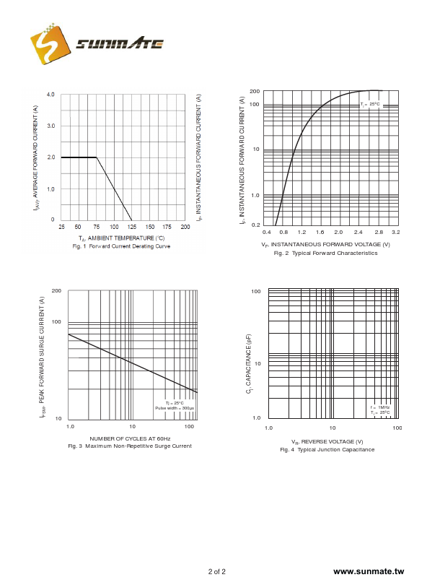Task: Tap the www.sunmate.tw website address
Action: tap(369, 571)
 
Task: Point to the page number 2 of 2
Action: tap(217, 572)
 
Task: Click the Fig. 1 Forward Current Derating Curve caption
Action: tap(121, 246)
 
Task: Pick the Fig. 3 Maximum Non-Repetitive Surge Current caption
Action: tap(130, 446)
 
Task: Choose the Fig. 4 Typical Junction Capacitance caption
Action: tap(327, 450)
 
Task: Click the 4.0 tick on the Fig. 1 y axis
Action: tap(51, 95)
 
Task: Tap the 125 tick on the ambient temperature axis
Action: tap(132, 227)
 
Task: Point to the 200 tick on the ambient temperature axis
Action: tap(185, 227)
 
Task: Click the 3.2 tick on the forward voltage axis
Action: tap(395, 233)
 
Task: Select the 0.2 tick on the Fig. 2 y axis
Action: tap(255, 225)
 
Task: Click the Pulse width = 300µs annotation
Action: tap(175, 408)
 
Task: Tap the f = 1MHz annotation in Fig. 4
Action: tap(380, 407)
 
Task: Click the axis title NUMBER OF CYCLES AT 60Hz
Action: tap(130, 438)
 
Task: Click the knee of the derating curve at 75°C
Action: tap(97, 157)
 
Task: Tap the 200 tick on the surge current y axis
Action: tap(56, 290)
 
